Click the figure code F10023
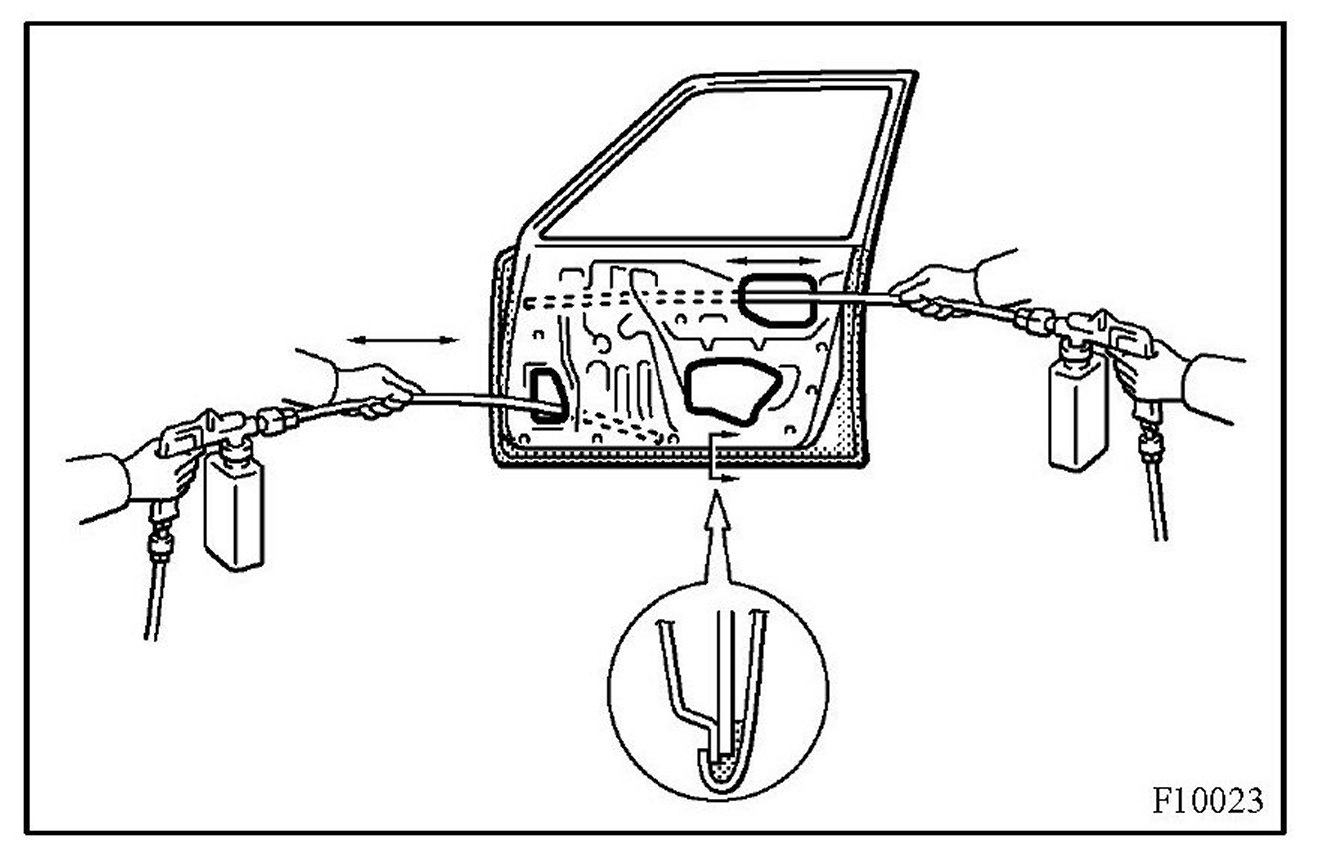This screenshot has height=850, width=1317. [1207, 800]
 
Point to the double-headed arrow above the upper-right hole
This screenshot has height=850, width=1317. [773, 260]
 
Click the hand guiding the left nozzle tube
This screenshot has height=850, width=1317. [375, 390]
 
